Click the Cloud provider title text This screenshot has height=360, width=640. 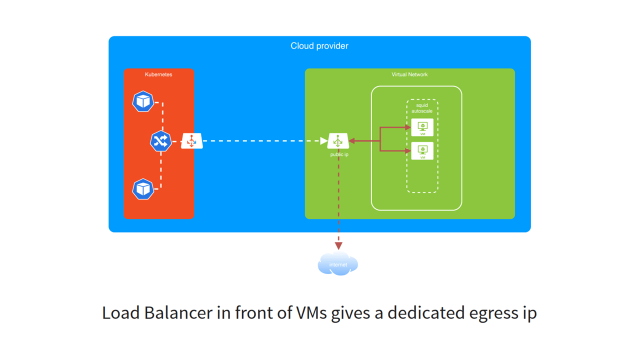pyautogui.click(x=319, y=46)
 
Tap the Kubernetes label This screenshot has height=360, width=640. pyautogui.click(x=158, y=74)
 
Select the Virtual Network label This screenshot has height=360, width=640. pyautogui.click(x=409, y=74)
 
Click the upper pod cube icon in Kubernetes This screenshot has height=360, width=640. pyautogui.click(x=143, y=101)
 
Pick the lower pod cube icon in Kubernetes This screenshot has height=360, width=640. pyautogui.click(x=143, y=189)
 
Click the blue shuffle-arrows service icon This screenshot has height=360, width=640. pyautogui.click(x=160, y=141)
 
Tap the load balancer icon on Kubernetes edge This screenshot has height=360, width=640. pyautogui.click(x=191, y=141)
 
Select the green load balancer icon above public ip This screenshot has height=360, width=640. pyautogui.click(x=338, y=141)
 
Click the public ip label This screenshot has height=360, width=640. pyautogui.click(x=339, y=154)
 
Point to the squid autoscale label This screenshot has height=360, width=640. pyautogui.click(x=422, y=108)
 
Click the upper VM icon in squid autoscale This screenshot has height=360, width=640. pyautogui.click(x=422, y=127)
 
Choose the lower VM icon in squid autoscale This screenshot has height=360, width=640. pyautogui.click(x=422, y=151)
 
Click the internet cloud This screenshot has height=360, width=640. pyautogui.click(x=338, y=263)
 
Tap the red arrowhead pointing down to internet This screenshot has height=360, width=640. pyautogui.click(x=338, y=246)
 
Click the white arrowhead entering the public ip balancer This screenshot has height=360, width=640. pyautogui.click(x=324, y=141)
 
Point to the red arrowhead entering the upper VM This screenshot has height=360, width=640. pyautogui.click(x=408, y=127)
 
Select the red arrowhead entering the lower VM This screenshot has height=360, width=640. pyautogui.click(x=408, y=151)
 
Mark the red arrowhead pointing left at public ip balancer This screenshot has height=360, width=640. pyautogui.click(x=352, y=141)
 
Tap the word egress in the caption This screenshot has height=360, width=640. pyautogui.click(x=493, y=313)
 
